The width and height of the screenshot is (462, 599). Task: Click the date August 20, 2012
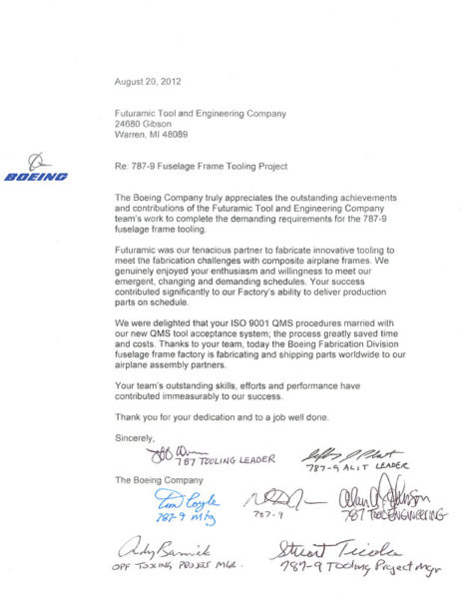(x=148, y=81)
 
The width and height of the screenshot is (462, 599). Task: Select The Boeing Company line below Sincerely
(x=153, y=480)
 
